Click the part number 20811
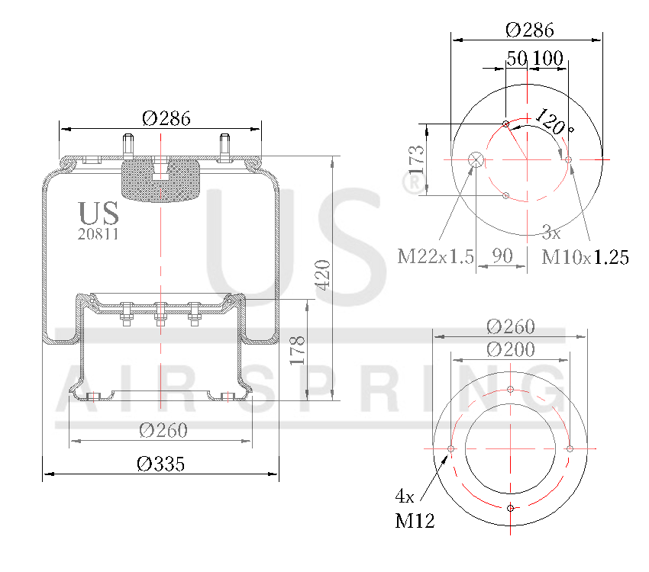tap(98, 234)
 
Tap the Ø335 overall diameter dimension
tap(160, 464)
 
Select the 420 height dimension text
tap(321, 275)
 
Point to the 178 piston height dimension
tap(298, 350)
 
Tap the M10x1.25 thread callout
tap(585, 257)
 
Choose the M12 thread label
tap(415, 522)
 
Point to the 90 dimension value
tap(502, 256)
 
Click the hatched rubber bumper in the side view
tap(161, 182)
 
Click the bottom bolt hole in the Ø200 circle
tap(511, 508)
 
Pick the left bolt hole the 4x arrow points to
tap(451, 448)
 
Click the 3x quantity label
tap(551, 231)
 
